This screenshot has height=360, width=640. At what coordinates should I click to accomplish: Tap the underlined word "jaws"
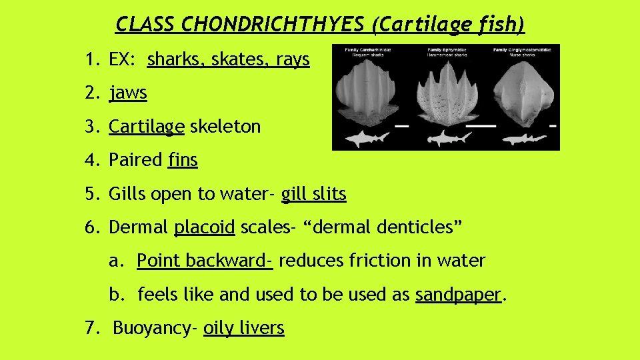[x=128, y=93]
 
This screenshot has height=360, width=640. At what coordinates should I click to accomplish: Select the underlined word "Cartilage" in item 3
[x=146, y=127]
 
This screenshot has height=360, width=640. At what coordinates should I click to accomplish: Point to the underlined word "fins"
[x=183, y=160]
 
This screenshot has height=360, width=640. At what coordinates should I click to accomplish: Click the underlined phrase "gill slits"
[x=313, y=194]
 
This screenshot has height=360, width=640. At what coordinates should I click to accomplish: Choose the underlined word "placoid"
[x=204, y=227]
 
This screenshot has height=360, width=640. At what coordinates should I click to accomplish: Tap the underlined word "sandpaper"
[x=457, y=294]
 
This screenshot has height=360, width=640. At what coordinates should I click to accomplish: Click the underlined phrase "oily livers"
[x=244, y=328]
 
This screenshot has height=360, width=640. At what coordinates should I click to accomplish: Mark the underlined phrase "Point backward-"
[x=205, y=261]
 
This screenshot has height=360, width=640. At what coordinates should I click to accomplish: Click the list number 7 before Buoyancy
[x=90, y=328]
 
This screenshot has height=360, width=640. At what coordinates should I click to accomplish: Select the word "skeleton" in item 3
[x=225, y=127]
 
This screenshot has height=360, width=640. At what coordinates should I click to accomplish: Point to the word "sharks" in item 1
[x=176, y=60]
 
